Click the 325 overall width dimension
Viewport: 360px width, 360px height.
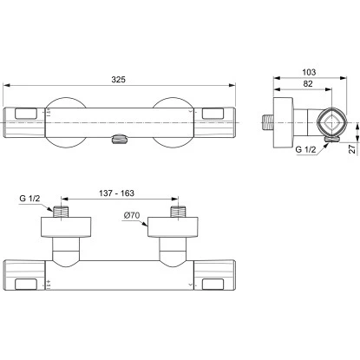120,80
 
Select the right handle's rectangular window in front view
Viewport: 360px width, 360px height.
216,113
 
